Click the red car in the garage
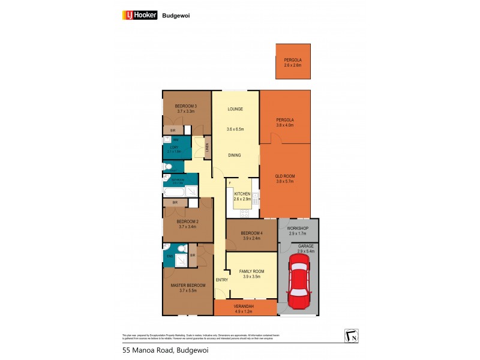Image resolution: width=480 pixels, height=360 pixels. [298, 280]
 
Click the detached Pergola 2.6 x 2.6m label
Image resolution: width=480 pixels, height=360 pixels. [293, 62]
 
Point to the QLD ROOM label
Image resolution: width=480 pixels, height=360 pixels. [284, 176]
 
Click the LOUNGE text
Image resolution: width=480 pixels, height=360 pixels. [234, 109]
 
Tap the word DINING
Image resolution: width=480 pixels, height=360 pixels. [234, 155]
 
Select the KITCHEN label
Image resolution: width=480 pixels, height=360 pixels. [243, 194]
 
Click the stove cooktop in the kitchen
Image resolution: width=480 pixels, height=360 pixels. [244, 212]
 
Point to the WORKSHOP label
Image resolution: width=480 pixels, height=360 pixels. [298, 228]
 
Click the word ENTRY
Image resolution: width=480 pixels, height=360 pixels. [222, 280]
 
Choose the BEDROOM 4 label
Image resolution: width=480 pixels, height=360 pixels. [251, 233]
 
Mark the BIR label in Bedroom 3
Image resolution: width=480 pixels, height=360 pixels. [173, 130]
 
